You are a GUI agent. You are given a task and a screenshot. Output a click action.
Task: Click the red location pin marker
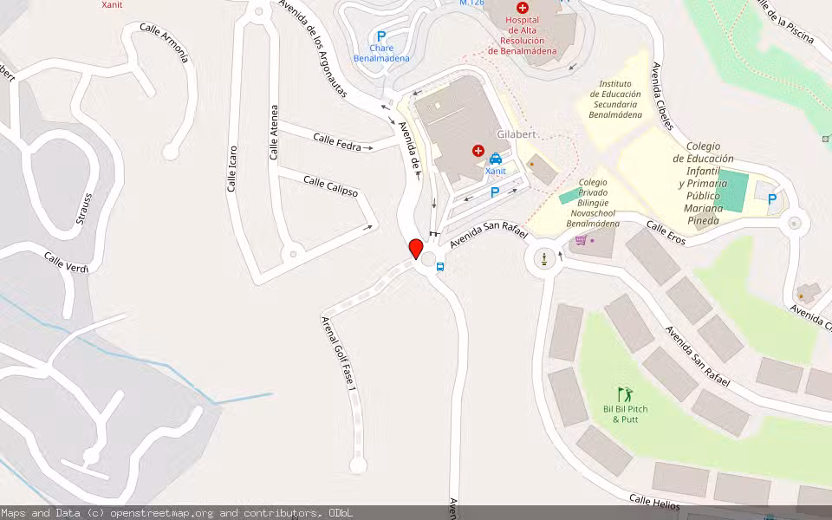point(416,249)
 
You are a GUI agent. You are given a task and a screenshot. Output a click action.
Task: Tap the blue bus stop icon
point(440,267)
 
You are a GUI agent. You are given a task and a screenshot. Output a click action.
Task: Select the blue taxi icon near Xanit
point(496,159)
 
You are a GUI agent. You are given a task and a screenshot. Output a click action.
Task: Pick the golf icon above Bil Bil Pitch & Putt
point(625,395)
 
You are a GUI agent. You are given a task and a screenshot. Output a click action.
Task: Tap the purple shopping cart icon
point(581,240)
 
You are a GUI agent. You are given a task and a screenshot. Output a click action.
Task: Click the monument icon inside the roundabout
point(544,257)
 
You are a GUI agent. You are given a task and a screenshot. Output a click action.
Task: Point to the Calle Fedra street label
point(337,142)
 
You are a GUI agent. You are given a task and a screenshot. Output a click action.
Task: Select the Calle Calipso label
point(330,185)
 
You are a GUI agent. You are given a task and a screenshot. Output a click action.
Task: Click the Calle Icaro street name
point(232,167)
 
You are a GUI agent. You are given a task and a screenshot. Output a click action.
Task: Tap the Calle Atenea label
point(274,133)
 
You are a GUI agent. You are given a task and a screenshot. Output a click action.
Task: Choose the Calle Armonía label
point(164,43)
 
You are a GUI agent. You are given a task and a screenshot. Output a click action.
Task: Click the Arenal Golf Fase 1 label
point(339,353)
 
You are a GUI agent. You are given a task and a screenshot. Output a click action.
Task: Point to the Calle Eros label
point(666,232)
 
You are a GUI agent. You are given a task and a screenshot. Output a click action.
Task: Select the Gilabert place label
point(517,134)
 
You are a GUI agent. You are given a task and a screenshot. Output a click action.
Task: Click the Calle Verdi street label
point(66,261)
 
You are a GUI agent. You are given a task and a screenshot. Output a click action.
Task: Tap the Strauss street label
point(83,208)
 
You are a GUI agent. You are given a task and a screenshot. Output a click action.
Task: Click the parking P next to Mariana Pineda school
point(771,199)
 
